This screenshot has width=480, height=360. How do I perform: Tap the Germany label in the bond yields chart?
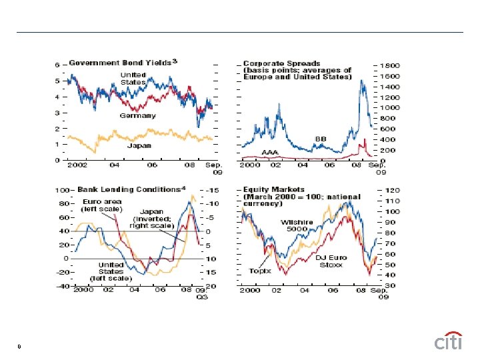pos(137,115)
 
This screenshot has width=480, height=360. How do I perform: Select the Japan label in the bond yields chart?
pos(139,145)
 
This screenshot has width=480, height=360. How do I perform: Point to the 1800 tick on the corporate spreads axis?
pos(391,65)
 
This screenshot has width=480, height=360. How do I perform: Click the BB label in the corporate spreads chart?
pos(320,138)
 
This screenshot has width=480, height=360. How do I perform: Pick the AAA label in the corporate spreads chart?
pos(270,152)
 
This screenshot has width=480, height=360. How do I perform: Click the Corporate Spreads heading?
pos(297,70)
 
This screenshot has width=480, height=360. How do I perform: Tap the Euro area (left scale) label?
pos(101,205)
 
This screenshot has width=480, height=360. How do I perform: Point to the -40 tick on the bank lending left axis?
pos(63,286)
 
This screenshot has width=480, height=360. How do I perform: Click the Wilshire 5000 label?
pos(294,225)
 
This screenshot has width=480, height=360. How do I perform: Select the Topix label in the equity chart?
pos(259,271)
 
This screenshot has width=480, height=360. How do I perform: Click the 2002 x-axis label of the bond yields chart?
pos(79,164)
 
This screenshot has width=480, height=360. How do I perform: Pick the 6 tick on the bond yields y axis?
pos(57,65)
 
